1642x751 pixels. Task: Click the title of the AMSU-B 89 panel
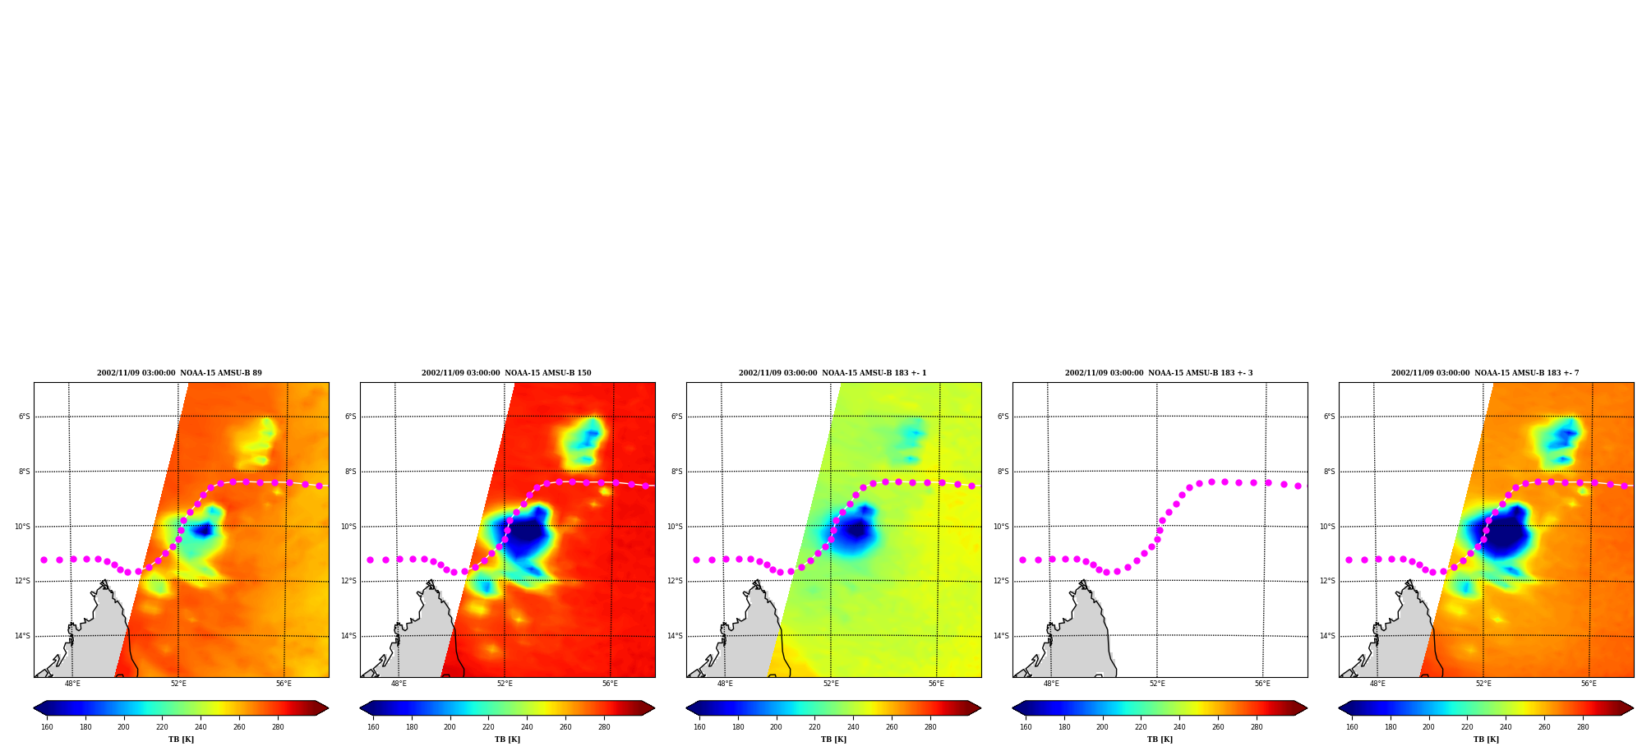tap(179, 373)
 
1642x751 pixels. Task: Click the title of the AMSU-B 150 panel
tap(506, 373)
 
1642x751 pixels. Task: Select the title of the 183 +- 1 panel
tap(833, 373)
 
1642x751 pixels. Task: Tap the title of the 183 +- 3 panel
tap(1159, 373)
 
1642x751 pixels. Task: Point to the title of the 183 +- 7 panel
tap(1485, 373)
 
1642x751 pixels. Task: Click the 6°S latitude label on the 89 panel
tap(24, 417)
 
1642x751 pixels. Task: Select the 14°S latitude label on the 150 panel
tap(348, 636)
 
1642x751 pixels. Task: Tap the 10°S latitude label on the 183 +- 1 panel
tap(675, 527)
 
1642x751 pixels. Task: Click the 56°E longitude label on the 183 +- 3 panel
tap(1262, 684)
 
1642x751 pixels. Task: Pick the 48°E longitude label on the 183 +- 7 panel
tap(1377, 684)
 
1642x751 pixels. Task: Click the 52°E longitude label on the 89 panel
tap(178, 684)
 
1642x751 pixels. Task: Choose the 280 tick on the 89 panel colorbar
tap(278, 727)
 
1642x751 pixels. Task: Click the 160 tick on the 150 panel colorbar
tap(373, 727)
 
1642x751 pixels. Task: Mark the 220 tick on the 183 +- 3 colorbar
tap(1141, 727)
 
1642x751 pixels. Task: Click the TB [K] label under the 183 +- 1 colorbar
tap(833, 739)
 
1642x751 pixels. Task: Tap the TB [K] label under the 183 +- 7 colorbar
tap(1486, 739)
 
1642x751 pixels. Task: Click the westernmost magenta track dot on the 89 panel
tap(44, 560)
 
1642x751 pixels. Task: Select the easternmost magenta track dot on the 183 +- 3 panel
tap(1298, 486)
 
